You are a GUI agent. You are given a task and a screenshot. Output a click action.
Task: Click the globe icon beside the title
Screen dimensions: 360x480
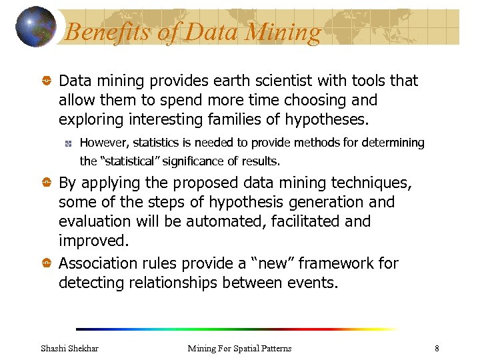pyautogui.click(x=36, y=27)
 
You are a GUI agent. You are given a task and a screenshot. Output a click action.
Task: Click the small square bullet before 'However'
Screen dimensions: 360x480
pyautogui.click(x=67, y=143)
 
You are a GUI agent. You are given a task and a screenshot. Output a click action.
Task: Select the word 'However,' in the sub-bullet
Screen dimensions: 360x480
pyautogui.click(x=103, y=143)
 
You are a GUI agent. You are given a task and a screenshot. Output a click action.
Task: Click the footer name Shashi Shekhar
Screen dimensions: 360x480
pyautogui.click(x=69, y=348)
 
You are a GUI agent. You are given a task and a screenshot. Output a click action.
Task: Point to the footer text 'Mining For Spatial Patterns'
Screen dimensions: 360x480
pyautogui.click(x=239, y=348)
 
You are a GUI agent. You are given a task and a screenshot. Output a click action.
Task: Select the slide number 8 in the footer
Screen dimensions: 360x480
pyautogui.click(x=437, y=348)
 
